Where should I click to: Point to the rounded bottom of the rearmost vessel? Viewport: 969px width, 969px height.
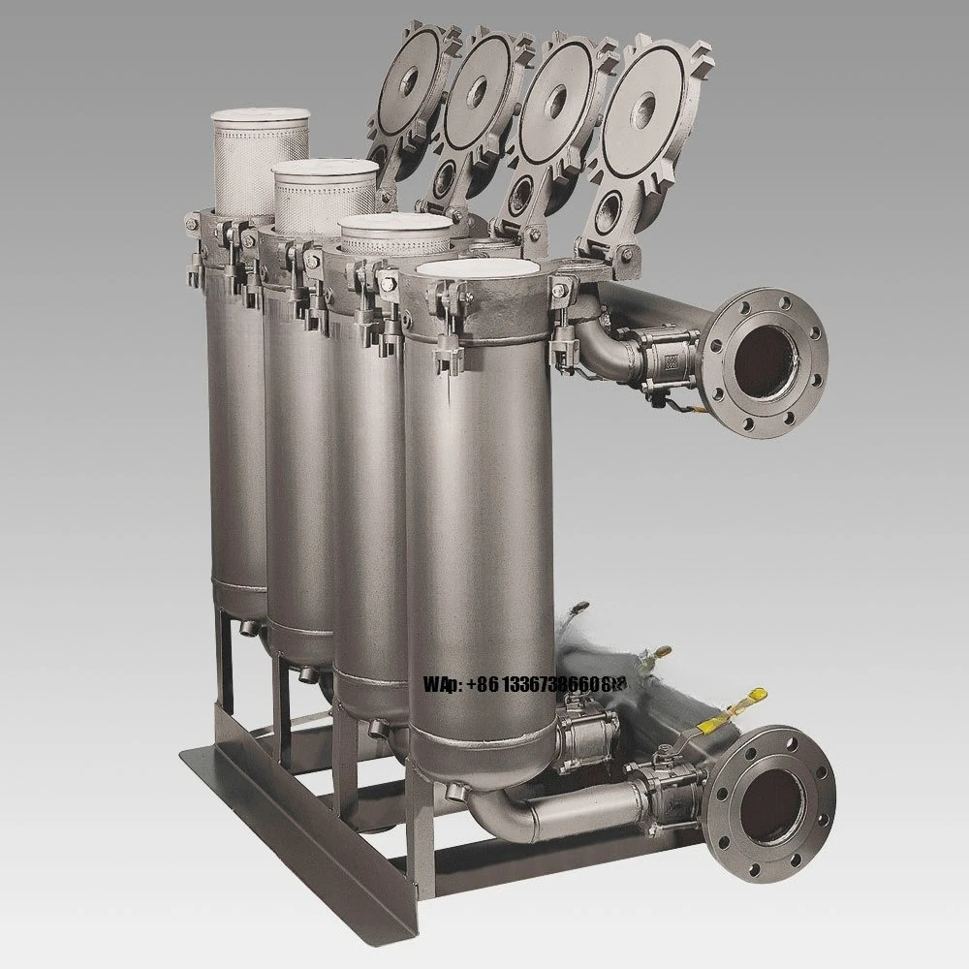237,596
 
